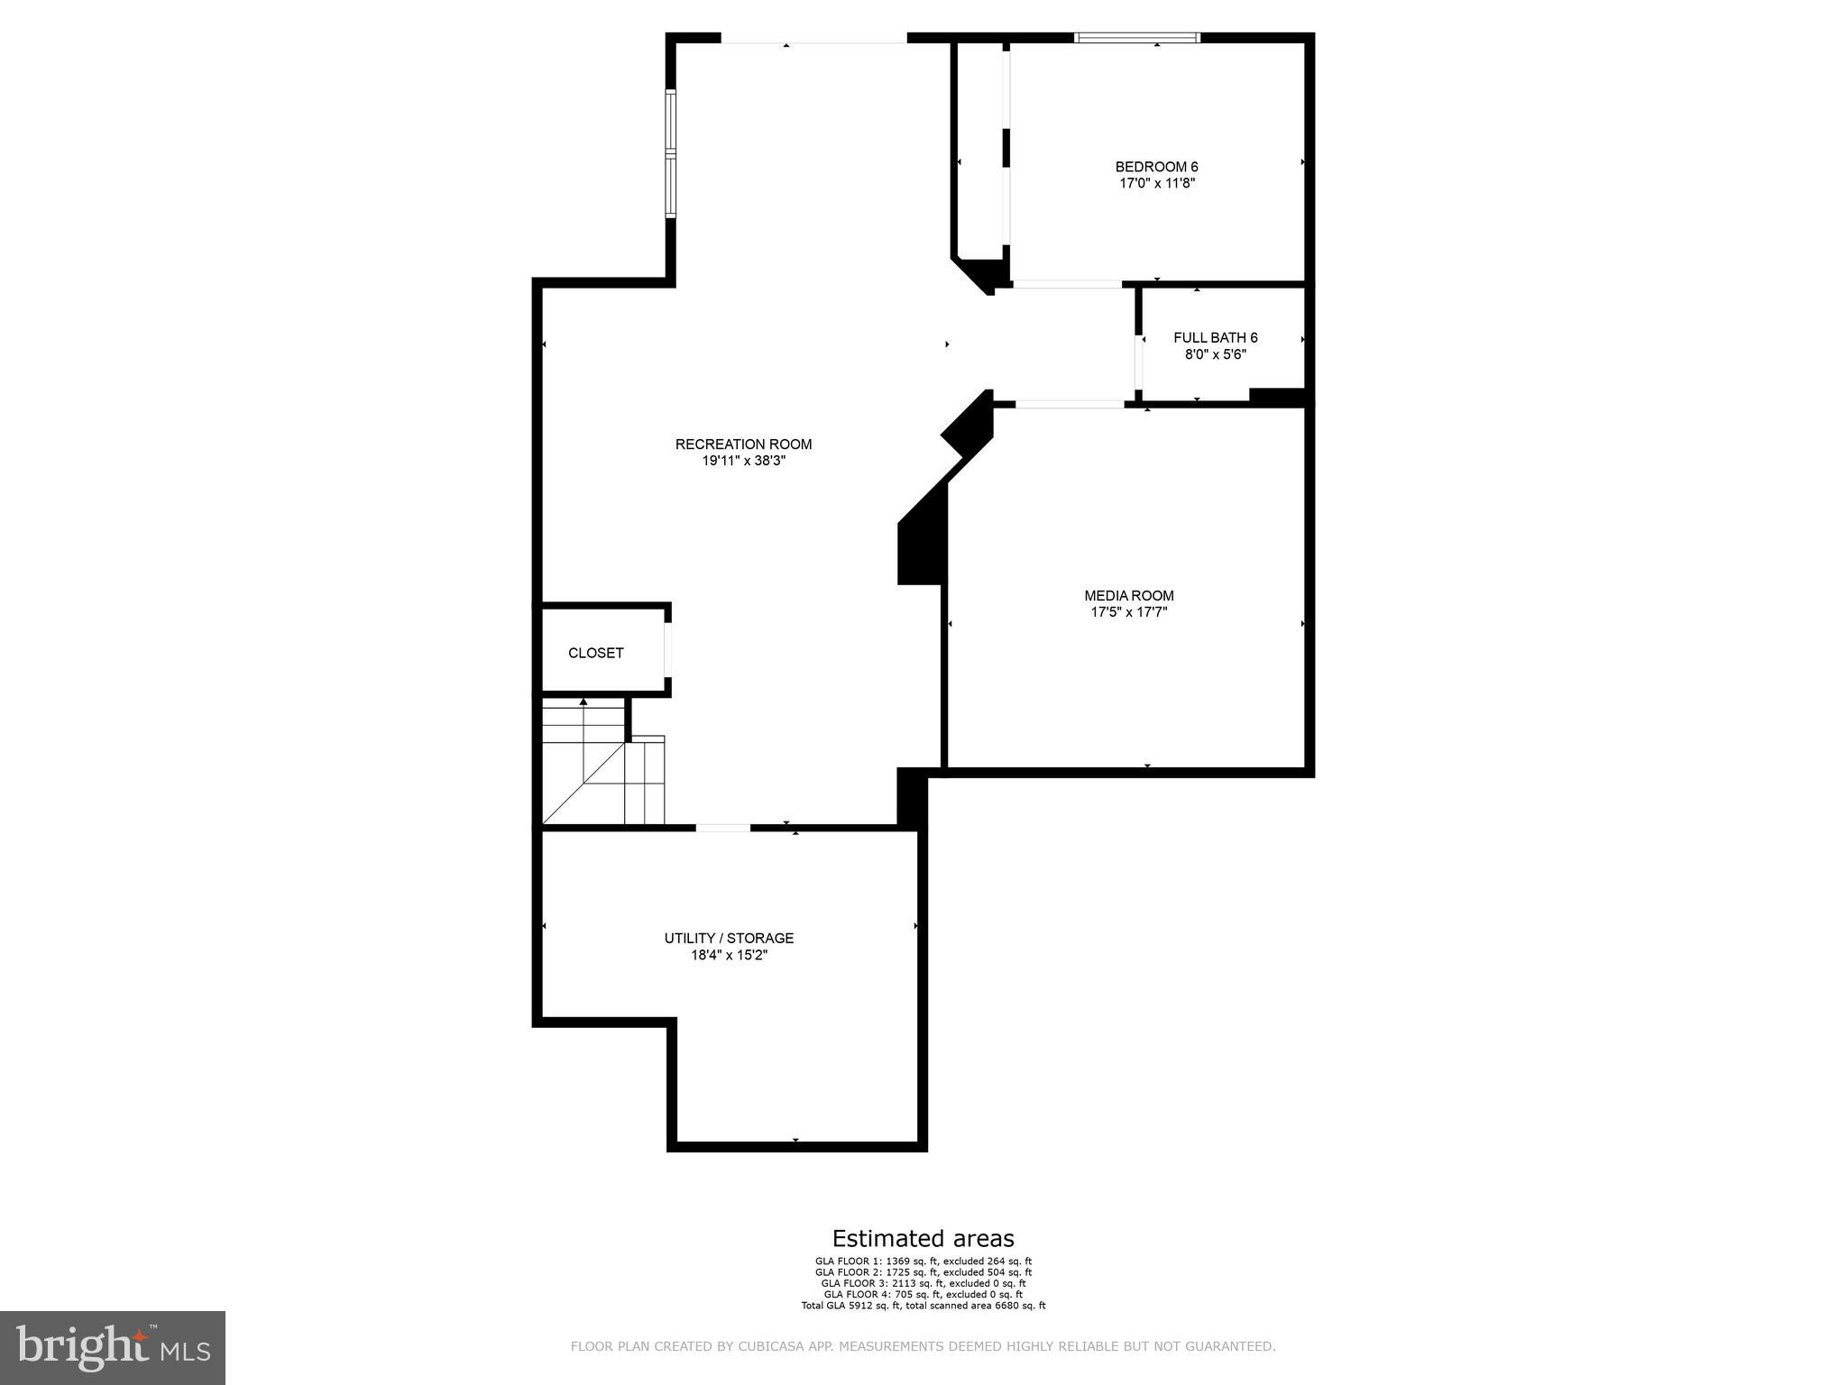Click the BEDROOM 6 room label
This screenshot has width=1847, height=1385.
tap(1156, 167)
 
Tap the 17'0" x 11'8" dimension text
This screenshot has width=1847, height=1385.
tap(1156, 183)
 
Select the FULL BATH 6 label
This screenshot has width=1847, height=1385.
tap(1215, 338)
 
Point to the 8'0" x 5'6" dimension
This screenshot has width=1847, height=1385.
tap(1215, 354)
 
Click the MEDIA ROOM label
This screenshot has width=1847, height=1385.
tap(1128, 596)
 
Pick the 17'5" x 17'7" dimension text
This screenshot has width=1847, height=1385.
tap(1128, 612)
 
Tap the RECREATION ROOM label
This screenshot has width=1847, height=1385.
tap(743, 445)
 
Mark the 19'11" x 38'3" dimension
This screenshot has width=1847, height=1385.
tap(743, 461)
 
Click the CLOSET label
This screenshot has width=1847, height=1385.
tap(595, 653)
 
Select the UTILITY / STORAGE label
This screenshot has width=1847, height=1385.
tap(729, 939)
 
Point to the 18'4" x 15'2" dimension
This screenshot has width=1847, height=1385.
tap(729, 955)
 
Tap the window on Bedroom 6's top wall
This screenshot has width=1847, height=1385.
tap(1136, 38)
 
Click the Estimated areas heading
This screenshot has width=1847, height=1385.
tap(923, 1238)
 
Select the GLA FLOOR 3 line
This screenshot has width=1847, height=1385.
tap(923, 1283)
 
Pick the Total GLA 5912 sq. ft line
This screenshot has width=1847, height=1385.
tap(923, 1305)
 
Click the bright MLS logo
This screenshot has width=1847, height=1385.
tap(113, 1347)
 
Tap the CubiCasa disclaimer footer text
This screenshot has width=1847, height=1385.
tap(923, 1346)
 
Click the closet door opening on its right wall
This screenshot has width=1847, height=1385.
tap(668, 649)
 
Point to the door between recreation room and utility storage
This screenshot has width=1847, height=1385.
tap(722, 827)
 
